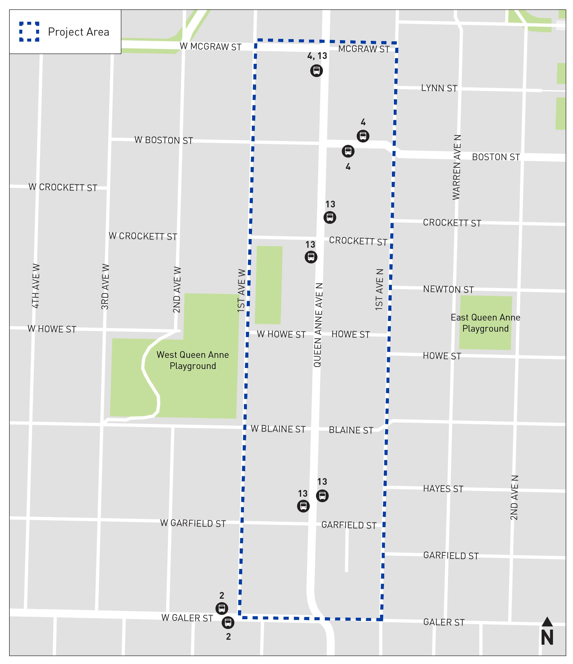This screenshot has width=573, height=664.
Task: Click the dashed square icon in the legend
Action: click(29, 31)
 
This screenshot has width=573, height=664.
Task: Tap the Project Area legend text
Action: click(78, 32)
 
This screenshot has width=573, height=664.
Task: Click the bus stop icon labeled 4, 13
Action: click(316, 71)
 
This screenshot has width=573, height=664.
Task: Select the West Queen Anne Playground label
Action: click(192, 360)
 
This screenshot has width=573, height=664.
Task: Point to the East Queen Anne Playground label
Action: click(485, 323)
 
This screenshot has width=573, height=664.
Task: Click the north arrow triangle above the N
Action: click(547, 622)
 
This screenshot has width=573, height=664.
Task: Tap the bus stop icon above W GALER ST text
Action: click(222, 608)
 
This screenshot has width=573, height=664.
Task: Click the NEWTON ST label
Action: click(448, 289)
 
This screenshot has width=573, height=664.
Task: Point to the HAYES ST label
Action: click(443, 489)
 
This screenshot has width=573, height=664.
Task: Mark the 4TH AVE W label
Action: click(36, 286)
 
